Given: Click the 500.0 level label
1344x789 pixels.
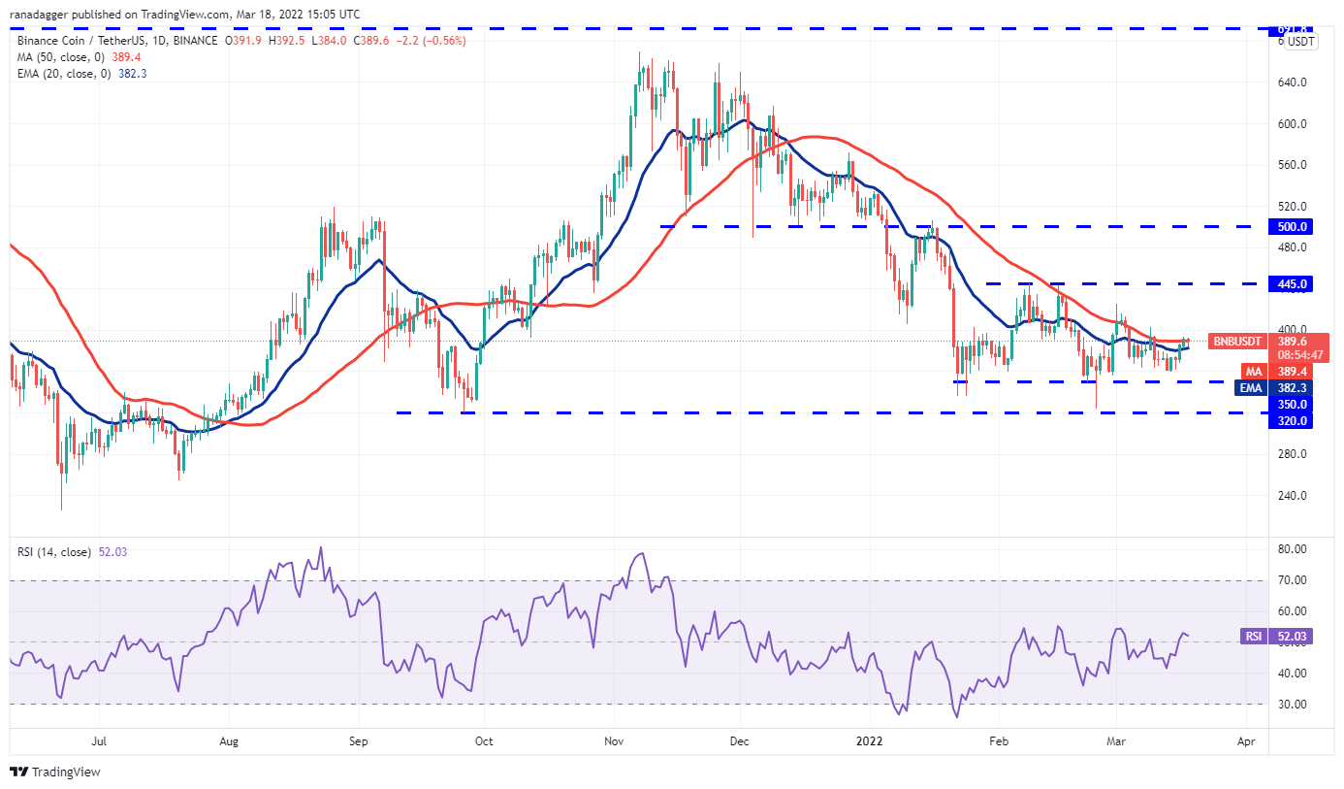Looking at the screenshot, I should (x=1294, y=227).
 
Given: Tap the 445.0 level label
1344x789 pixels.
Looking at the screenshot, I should (x=1294, y=284).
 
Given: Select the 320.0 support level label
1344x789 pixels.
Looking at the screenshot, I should (x=1294, y=421).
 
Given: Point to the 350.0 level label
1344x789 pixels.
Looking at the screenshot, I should (x=1294, y=404).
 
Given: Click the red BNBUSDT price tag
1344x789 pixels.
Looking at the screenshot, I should (x=1238, y=342).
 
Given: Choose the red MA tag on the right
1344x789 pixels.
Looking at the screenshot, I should (x=1255, y=372).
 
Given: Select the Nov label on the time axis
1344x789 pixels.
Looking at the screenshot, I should (x=613, y=741).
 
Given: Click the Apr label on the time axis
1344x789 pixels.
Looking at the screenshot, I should (x=1246, y=741).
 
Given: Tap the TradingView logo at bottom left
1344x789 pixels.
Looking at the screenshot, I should (x=55, y=773).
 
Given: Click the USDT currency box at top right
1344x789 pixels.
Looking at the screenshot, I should (x=1300, y=42).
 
